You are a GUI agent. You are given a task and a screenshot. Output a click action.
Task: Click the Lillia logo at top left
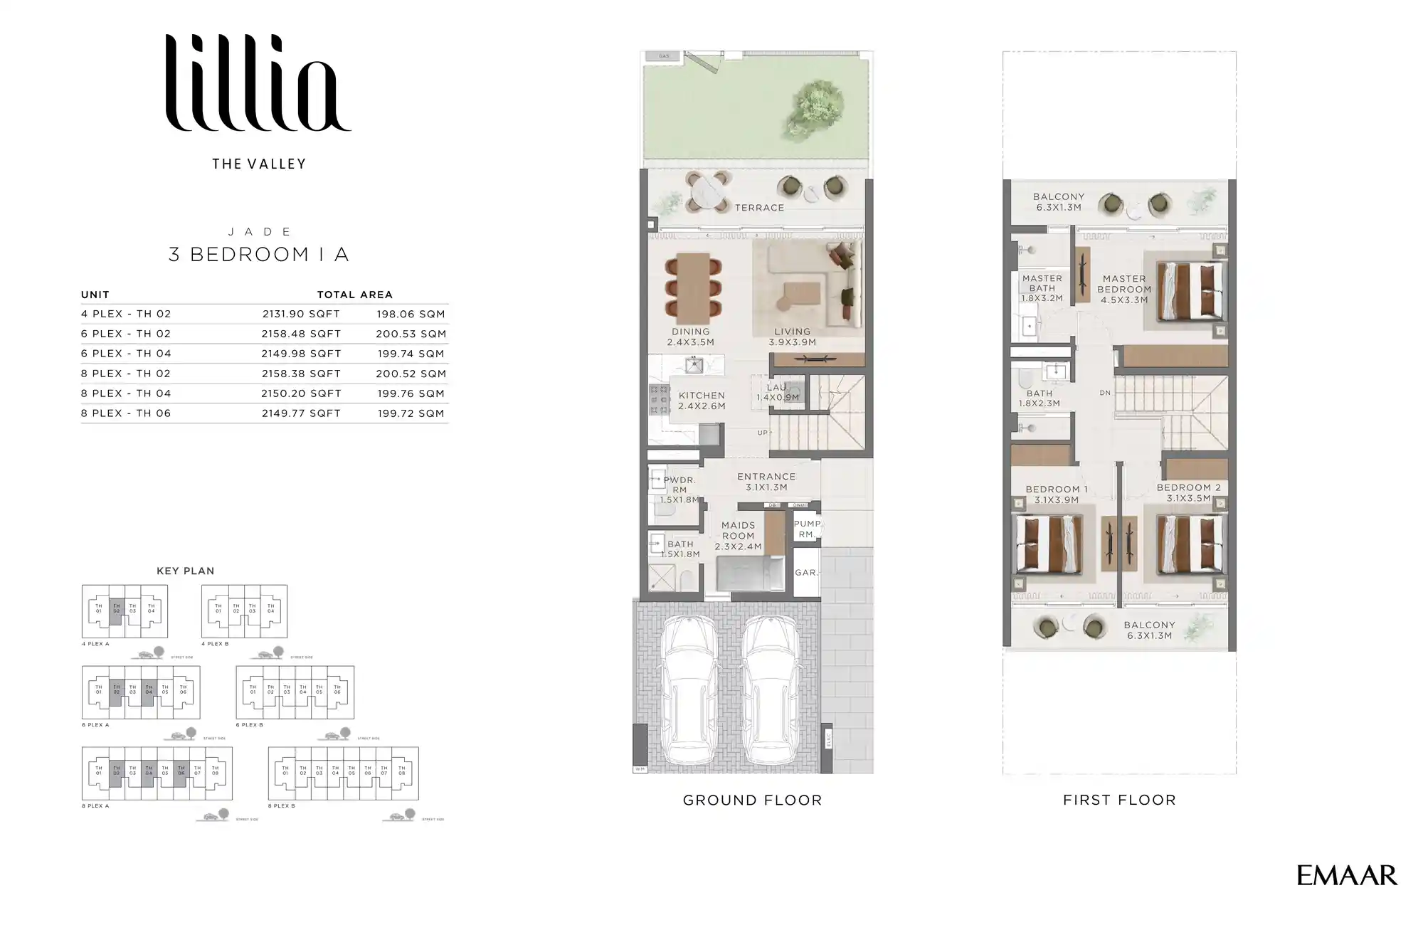tap(258, 83)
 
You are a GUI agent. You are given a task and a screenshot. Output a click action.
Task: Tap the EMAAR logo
tap(1346, 875)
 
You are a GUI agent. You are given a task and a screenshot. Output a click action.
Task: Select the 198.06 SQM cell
tap(411, 314)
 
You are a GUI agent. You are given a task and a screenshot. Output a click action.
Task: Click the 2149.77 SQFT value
tap(301, 413)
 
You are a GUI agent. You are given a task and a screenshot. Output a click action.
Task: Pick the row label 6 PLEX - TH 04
tap(126, 354)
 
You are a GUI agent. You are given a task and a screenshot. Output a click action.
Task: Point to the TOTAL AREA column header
tap(354, 295)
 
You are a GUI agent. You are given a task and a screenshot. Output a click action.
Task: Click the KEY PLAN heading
tap(185, 571)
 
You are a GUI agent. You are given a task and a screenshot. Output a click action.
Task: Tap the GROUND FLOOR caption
tap(752, 800)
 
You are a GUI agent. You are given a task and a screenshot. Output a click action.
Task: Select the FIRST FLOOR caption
tap(1119, 800)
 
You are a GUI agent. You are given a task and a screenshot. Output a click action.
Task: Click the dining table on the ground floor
tap(693, 287)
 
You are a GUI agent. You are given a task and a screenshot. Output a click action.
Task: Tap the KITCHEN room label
tap(702, 396)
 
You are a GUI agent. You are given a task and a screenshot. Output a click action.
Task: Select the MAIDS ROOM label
tap(738, 531)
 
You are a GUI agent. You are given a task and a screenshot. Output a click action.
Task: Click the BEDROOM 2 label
tap(1188, 488)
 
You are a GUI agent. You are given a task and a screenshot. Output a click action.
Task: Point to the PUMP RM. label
tap(807, 529)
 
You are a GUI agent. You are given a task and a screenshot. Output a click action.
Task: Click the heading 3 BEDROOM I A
tap(258, 255)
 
